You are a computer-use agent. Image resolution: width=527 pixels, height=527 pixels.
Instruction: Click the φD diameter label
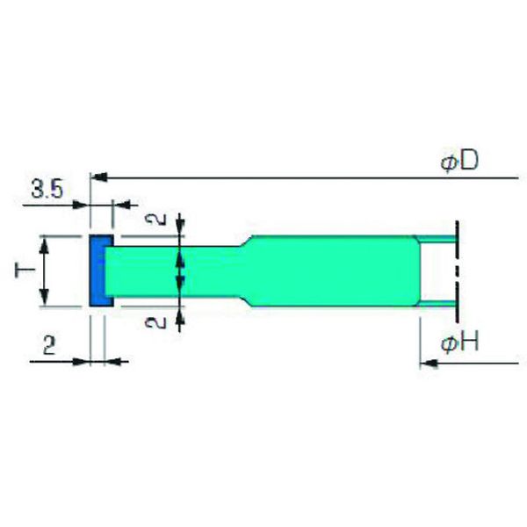coord(459,162)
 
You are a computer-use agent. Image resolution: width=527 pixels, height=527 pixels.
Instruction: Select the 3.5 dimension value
coord(47,189)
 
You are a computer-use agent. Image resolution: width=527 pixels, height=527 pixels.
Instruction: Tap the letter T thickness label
coord(25,270)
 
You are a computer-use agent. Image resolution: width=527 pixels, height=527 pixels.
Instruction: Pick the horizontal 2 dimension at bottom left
coord(49,345)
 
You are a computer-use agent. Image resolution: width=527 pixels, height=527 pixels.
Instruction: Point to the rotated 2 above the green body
coord(155,219)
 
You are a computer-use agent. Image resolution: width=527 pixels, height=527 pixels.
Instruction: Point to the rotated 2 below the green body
coord(155,322)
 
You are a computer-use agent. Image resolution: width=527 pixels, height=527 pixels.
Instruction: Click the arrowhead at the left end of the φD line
coord(99,177)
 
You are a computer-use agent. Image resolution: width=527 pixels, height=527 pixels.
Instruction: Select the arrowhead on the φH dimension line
coord(429,363)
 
